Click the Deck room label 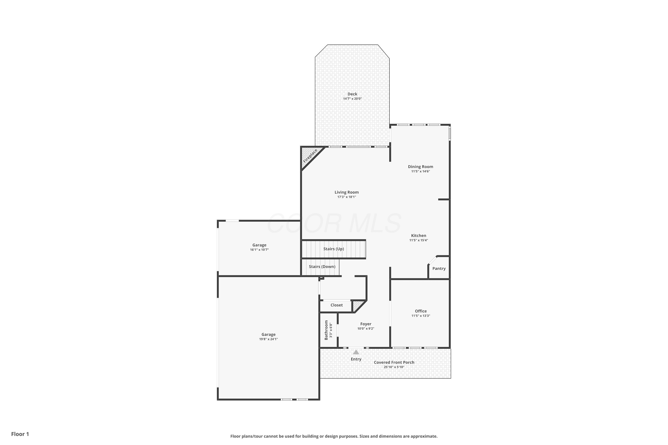[x=352, y=94]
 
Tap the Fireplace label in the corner [x=310, y=156]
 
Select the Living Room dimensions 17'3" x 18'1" [x=346, y=197]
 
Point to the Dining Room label [x=420, y=167]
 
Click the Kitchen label [x=419, y=236]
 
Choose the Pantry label [x=439, y=269]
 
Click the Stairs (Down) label [x=322, y=267]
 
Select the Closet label [x=336, y=305]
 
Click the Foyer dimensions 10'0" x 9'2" [x=366, y=329]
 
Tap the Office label [x=421, y=311]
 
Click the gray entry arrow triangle [x=356, y=352]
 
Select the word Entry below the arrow [x=356, y=359]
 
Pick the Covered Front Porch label [x=394, y=362]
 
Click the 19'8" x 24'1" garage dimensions [x=268, y=339]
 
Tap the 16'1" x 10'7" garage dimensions [x=259, y=250]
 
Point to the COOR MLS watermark [x=334, y=223]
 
